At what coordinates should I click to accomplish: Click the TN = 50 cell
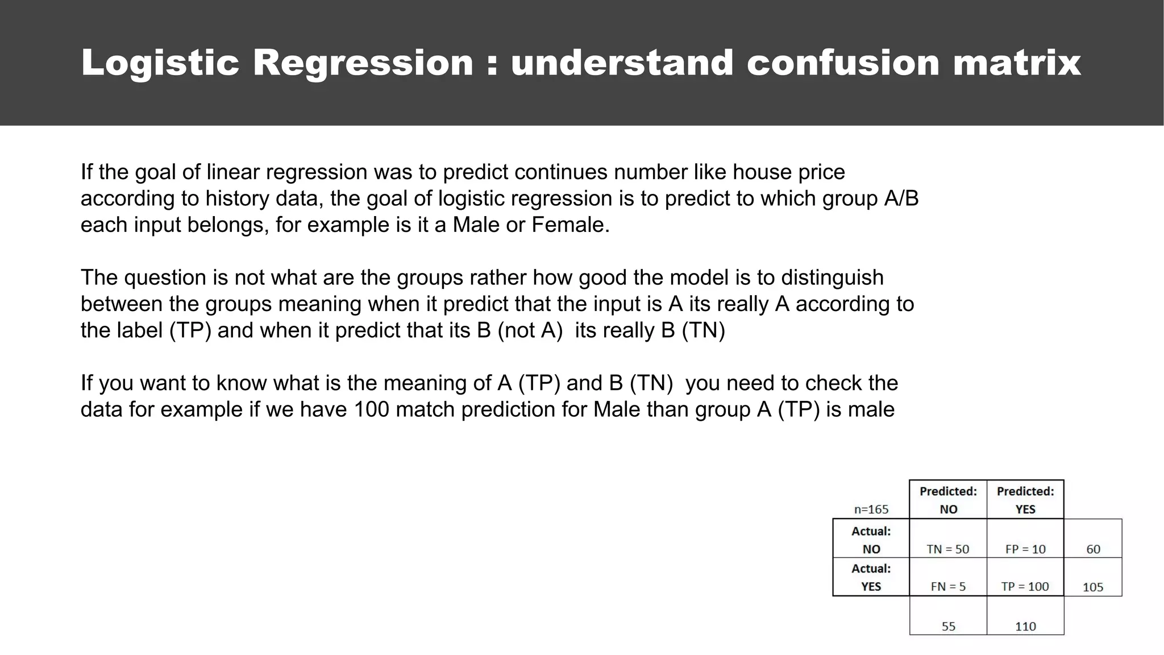[x=947, y=549]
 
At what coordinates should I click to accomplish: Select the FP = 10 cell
[x=1025, y=549]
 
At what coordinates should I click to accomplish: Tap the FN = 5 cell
[x=948, y=587]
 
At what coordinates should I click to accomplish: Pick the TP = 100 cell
[x=1025, y=587]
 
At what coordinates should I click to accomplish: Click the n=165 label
[x=871, y=509]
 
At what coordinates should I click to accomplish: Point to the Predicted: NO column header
[x=948, y=500]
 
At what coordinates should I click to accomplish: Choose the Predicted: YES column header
[x=1025, y=500]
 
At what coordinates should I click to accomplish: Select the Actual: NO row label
[x=871, y=540]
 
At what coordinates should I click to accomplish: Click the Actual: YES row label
[x=871, y=577]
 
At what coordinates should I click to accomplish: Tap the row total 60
[x=1093, y=549]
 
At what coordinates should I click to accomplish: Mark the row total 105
[x=1093, y=587]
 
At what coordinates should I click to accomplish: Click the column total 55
[x=949, y=627]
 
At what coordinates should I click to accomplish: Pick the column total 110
[x=1025, y=627]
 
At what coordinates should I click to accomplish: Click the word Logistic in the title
[x=160, y=63]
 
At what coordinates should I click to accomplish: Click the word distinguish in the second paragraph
[x=832, y=278]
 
